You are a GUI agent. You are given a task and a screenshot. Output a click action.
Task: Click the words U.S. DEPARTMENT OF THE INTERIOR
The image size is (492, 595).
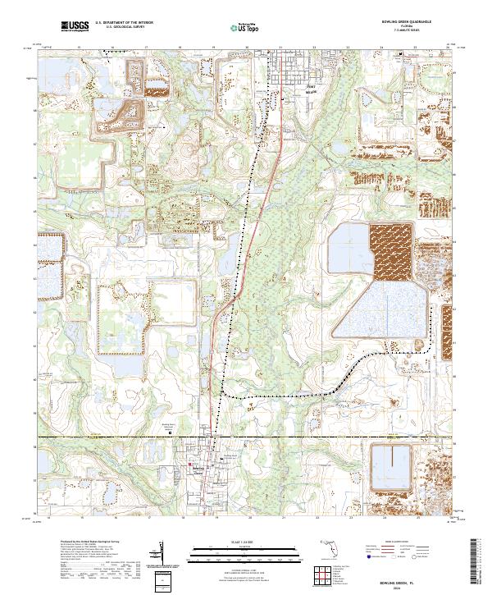(122, 24)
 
